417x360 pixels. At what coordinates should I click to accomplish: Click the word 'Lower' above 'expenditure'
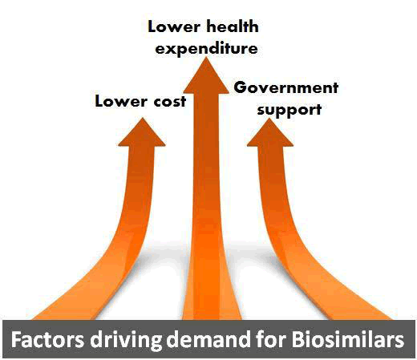pyautogui.click(x=174, y=27)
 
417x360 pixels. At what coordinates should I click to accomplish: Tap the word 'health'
pyautogui.click(x=233, y=26)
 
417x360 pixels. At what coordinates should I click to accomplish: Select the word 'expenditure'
pyautogui.click(x=206, y=48)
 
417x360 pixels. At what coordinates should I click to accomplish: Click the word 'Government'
pyautogui.click(x=286, y=87)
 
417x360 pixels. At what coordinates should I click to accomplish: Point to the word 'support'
pyautogui.click(x=289, y=110)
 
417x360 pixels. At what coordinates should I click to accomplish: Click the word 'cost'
pyautogui.click(x=170, y=102)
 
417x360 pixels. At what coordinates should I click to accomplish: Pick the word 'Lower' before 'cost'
pyautogui.click(x=121, y=102)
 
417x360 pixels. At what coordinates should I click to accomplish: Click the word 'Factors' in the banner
pyautogui.click(x=47, y=339)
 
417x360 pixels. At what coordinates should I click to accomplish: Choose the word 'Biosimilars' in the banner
pyautogui.click(x=347, y=339)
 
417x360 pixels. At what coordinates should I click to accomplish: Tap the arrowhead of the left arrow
pyautogui.click(x=142, y=133)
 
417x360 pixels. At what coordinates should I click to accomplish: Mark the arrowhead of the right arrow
pyautogui.click(x=269, y=133)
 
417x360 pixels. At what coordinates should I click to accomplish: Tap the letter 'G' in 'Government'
pyautogui.click(x=240, y=87)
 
